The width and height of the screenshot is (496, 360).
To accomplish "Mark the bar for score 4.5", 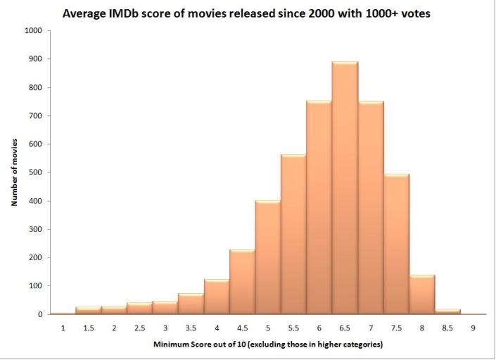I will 242,282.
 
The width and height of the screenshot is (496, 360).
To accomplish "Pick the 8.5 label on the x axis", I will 447,328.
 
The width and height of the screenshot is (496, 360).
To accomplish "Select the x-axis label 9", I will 473,328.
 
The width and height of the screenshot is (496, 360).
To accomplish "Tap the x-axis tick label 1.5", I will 89,328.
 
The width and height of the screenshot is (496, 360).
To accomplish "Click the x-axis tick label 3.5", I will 191,328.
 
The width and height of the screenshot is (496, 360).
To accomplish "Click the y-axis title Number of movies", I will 13,173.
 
